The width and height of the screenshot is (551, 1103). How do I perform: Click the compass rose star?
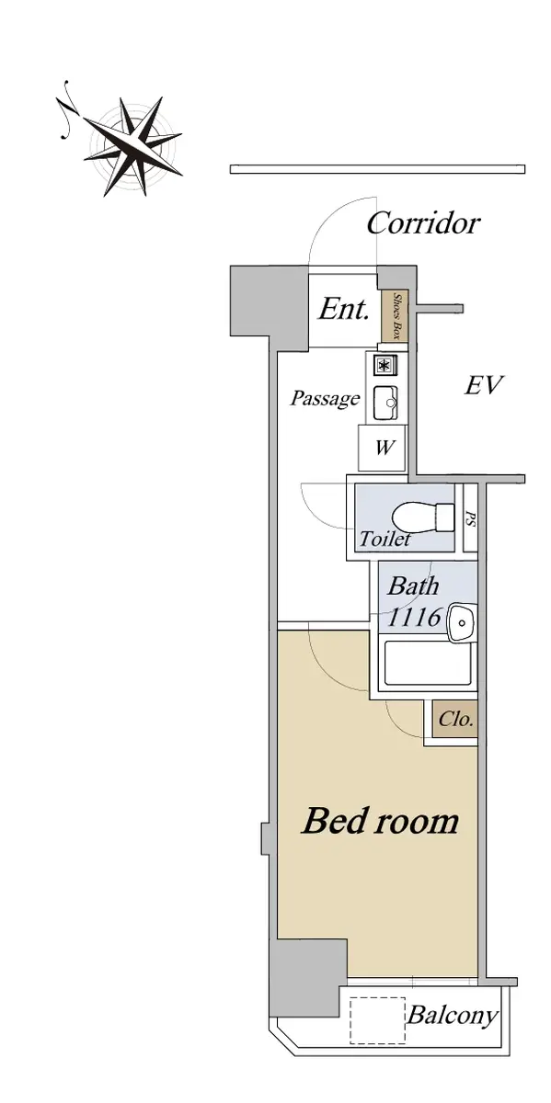click(133, 146)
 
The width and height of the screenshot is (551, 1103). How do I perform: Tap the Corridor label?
click(423, 223)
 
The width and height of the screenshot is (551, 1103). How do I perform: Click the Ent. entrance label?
click(343, 310)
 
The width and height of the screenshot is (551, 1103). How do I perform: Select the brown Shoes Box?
click(396, 315)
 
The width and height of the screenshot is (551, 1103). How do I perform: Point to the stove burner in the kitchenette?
click(385, 365)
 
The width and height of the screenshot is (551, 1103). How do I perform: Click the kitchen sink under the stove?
click(385, 404)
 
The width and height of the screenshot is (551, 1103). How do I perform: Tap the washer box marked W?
click(383, 448)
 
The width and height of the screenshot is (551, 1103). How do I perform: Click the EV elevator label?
click(484, 385)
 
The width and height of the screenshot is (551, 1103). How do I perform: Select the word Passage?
click(326, 398)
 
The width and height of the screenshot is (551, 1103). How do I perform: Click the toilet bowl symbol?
click(423, 517)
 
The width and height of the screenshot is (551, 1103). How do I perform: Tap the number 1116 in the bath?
click(415, 617)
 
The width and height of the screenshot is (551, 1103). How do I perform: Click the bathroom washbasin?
click(461, 623)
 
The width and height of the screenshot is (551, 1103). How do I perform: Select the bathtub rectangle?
click(428, 663)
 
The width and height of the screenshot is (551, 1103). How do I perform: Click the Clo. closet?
click(455, 719)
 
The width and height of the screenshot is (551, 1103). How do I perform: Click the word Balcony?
click(452, 1016)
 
